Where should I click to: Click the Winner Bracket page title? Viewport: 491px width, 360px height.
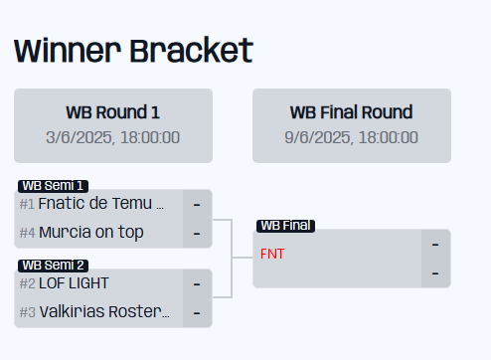(133, 50)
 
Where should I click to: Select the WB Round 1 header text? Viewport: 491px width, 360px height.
(112, 111)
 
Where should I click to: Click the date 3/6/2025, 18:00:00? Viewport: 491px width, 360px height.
(112, 136)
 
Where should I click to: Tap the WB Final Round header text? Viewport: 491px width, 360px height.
(351, 111)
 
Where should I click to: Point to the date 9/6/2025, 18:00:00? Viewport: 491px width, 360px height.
(351, 136)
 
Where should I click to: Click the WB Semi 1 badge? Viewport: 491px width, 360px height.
(53, 185)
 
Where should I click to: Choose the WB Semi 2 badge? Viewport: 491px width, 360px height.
(53, 265)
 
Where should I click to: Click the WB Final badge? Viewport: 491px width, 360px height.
(285, 226)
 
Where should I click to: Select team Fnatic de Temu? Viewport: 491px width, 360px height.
(100, 203)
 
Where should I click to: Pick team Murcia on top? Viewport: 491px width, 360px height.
(91, 233)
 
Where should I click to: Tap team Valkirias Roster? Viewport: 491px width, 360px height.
(104, 312)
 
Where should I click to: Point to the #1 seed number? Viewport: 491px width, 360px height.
(27, 204)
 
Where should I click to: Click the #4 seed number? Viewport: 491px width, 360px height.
(27, 234)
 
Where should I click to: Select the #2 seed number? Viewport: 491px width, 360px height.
(27, 283)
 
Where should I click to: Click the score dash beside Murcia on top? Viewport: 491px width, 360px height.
(197, 234)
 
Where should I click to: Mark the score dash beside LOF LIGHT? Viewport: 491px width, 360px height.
(197, 283)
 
